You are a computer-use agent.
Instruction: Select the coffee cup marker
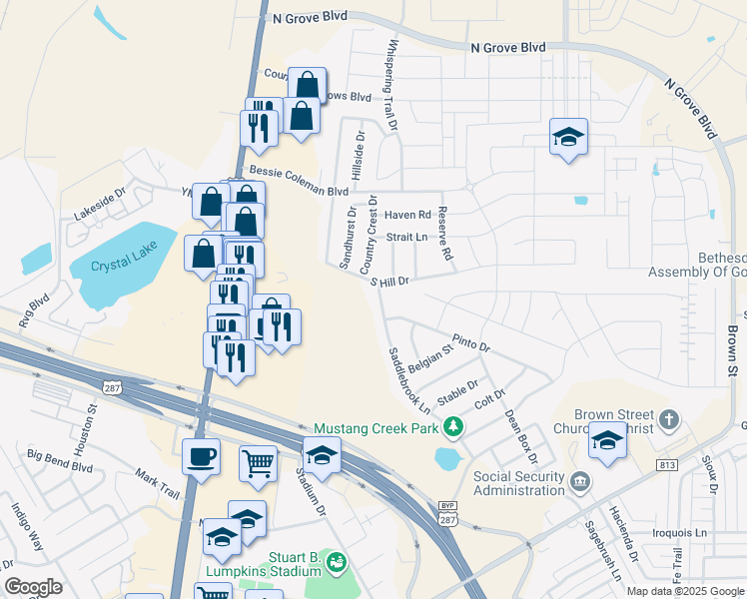pos(202,457)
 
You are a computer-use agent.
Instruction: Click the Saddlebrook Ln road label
pos(409,379)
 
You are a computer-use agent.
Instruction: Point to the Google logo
pos(33,587)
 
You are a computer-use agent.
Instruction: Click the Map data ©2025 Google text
pos(685,591)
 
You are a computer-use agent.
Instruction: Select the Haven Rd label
pos(407,215)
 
